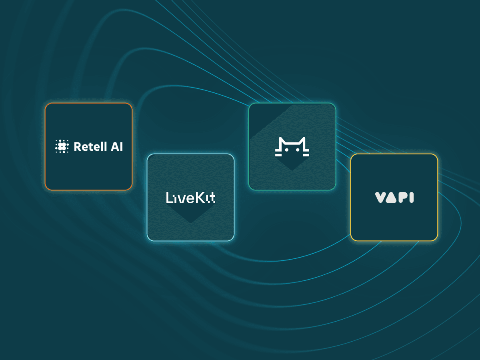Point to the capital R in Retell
click(x=78, y=147)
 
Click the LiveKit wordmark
click(x=190, y=198)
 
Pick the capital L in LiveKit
click(x=169, y=198)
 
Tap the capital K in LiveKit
click(x=200, y=198)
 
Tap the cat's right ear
click(x=304, y=141)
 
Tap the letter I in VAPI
click(x=412, y=198)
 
